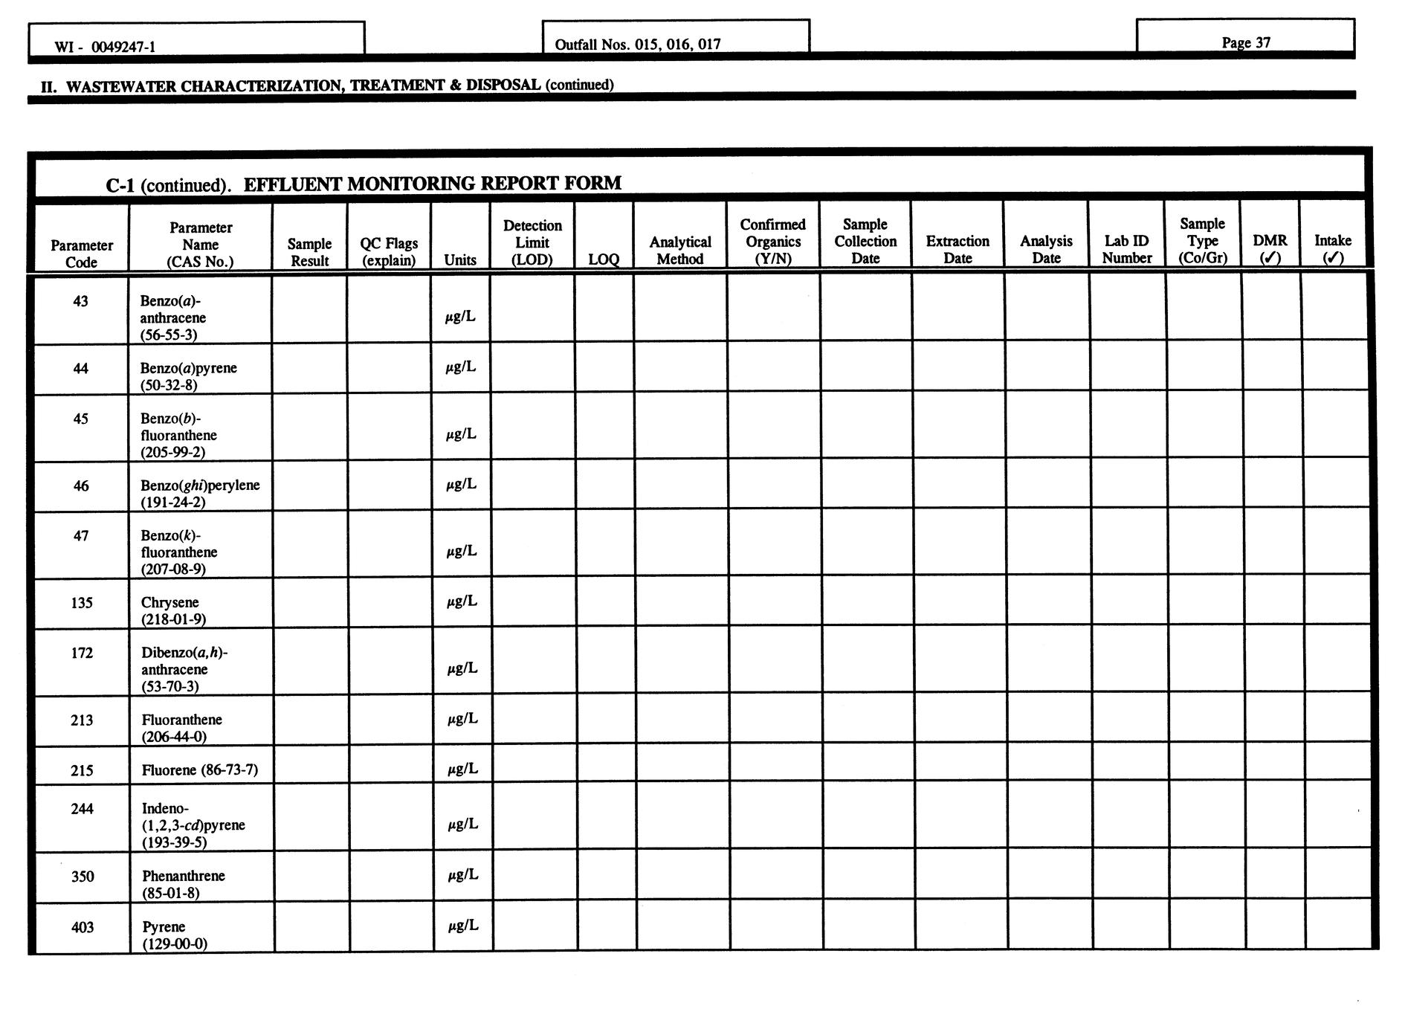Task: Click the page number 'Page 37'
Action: click(1245, 42)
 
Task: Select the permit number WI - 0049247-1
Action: click(105, 47)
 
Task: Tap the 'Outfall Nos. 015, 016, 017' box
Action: click(638, 44)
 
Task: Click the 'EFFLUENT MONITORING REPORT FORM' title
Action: click(432, 183)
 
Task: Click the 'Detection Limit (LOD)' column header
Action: click(532, 242)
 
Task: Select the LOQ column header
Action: click(603, 259)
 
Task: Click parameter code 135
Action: click(82, 602)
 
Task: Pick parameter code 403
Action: click(83, 926)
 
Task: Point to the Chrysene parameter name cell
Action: click(173, 610)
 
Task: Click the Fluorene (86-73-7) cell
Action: click(199, 769)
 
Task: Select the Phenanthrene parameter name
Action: click(183, 876)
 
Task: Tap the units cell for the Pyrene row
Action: click(462, 926)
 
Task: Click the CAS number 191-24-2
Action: click(172, 502)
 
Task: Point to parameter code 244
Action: click(82, 808)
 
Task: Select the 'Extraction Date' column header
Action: click(957, 249)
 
